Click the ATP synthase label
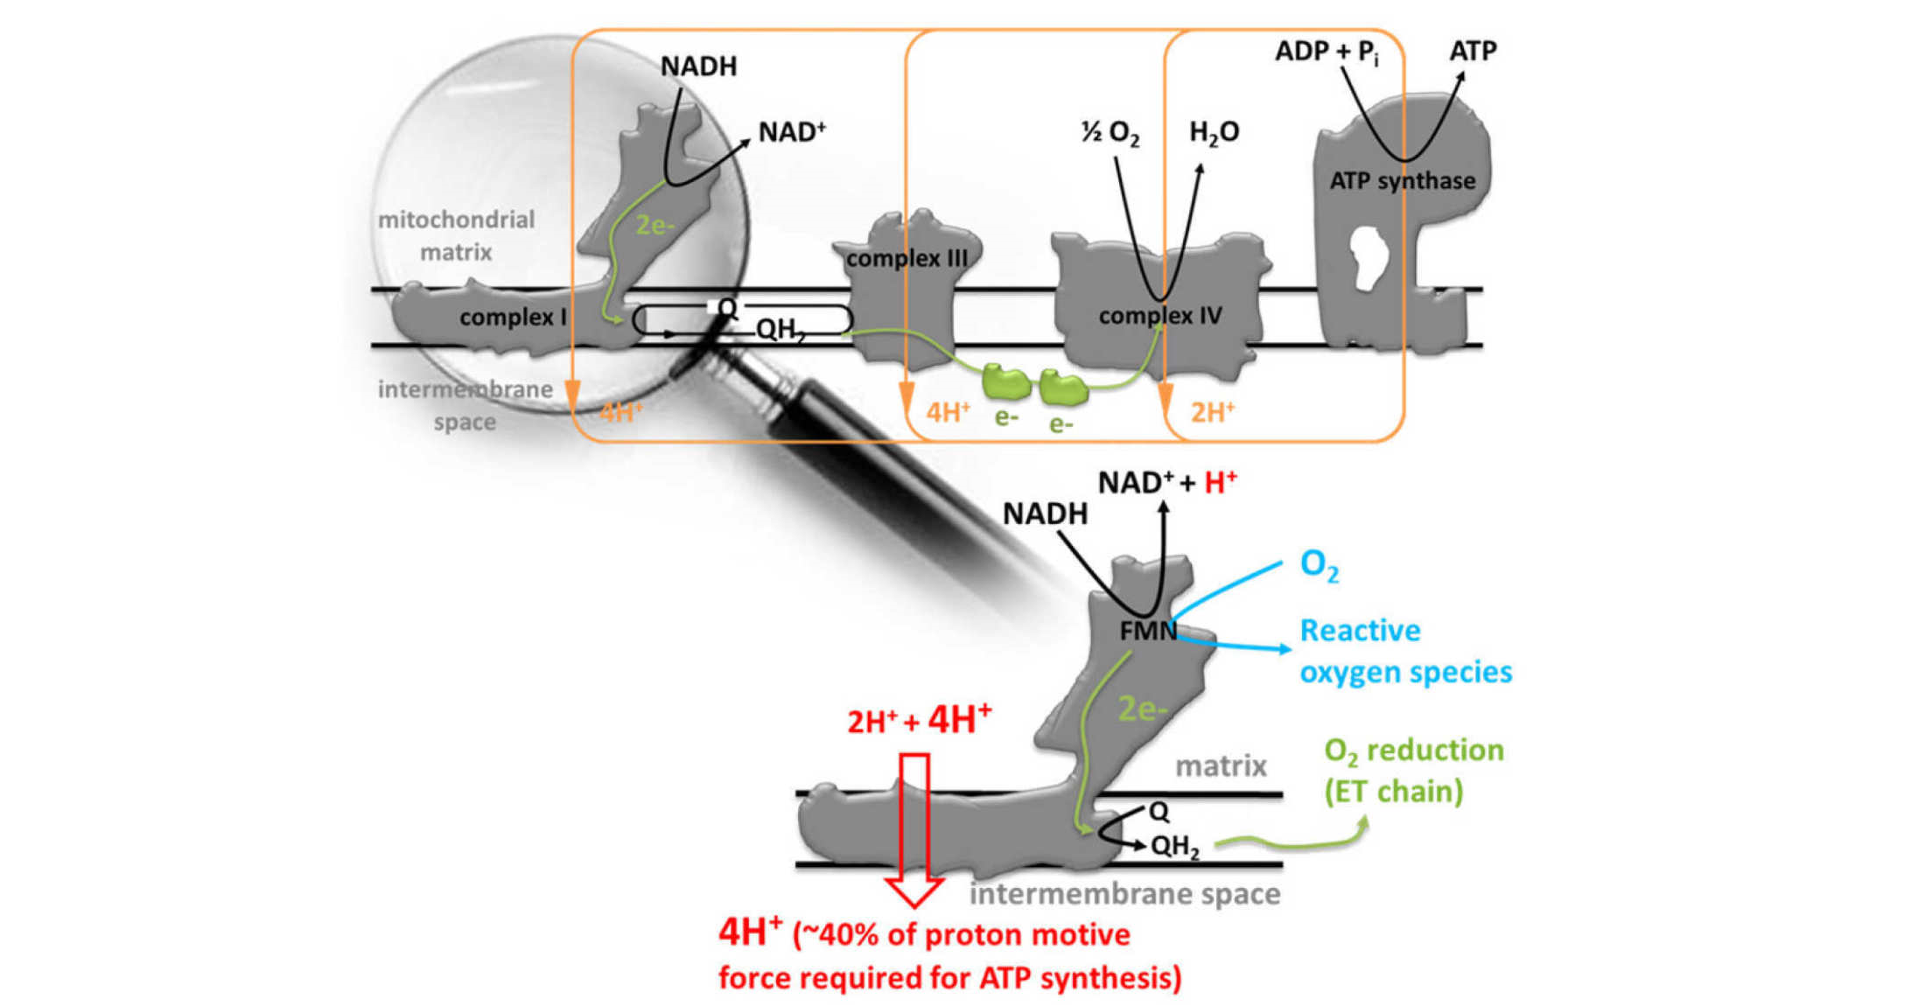1402,181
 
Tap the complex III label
907,258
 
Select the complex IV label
1160,316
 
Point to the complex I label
513,317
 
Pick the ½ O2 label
1110,133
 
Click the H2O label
1214,133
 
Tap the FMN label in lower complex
1147,631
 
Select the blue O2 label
1319,566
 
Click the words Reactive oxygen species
1405,651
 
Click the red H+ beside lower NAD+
1220,482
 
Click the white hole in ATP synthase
1370,259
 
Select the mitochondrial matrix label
456,235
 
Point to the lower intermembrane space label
1124,894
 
